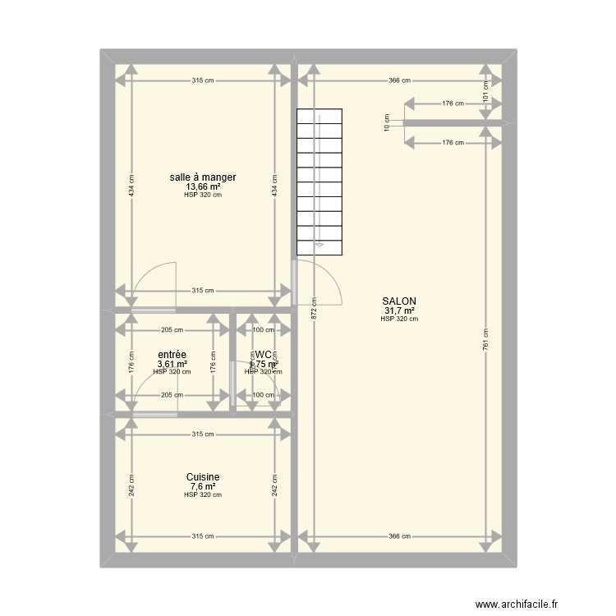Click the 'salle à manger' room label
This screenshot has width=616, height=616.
(203, 177)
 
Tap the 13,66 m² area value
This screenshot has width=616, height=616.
(203, 186)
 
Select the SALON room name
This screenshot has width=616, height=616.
(399, 301)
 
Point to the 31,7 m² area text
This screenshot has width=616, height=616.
(399, 311)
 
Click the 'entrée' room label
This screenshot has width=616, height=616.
(172, 355)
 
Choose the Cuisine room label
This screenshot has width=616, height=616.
(203, 476)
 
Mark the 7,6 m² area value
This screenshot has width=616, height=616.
(203, 486)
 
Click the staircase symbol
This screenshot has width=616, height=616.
(320, 181)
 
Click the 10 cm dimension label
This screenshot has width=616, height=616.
(388, 123)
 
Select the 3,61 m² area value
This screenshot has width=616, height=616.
(172, 364)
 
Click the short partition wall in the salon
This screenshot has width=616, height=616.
(453, 123)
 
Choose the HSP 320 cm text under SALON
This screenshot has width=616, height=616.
(399, 319)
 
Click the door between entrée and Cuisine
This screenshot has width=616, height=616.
(154, 414)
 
